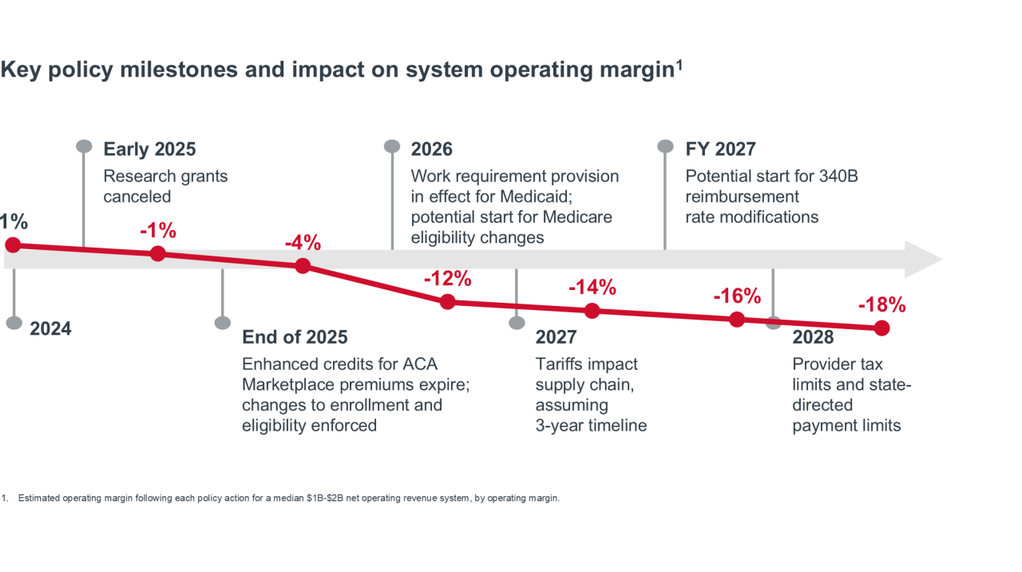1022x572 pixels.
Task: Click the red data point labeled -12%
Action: coord(448,302)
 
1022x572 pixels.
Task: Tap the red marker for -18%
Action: coord(881,328)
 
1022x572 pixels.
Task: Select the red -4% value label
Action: coord(302,242)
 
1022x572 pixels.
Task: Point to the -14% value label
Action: coord(592,288)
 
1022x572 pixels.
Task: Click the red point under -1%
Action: coord(158,254)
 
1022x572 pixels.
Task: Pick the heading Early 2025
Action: coord(149,149)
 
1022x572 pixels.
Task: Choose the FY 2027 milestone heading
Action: coord(720,149)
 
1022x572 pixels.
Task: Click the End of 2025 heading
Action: coord(295,337)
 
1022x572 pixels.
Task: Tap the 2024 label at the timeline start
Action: coord(50,328)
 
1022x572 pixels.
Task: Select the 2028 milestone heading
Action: coord(813,337)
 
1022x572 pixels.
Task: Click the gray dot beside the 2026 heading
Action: coord(392,146)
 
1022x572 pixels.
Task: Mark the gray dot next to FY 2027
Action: coord(665,146)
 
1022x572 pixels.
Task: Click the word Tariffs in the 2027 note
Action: coord(562,364)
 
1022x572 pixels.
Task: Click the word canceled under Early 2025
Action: coord(137,197)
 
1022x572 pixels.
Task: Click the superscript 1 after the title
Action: coord(679,65)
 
